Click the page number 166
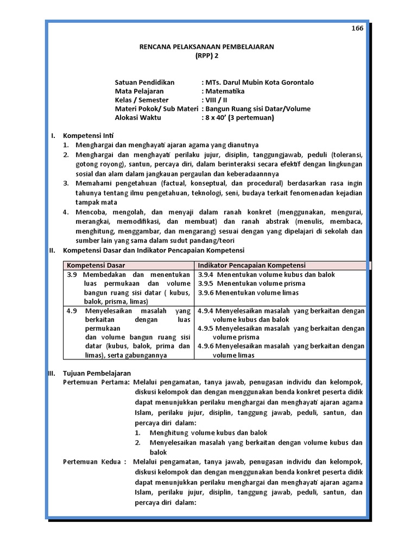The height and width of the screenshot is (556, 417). coord(357,29)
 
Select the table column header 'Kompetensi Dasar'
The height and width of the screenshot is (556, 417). coord(96,266)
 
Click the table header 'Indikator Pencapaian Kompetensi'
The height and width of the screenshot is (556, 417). coord(251,266)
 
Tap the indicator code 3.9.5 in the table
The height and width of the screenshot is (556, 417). coord(206,283)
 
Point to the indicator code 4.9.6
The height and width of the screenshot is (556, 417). coord(206,346)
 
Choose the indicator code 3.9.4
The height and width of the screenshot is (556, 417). coord(206,274)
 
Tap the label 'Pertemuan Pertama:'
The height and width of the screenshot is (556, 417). coord(97,382)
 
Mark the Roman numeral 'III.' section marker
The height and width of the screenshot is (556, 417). coord(52,373)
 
